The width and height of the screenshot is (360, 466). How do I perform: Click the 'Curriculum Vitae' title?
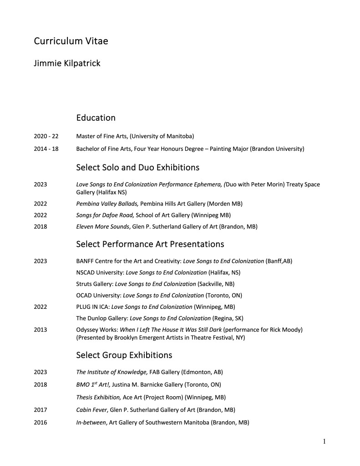click(71, 41)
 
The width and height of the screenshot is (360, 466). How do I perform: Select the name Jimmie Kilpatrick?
click(67, 63)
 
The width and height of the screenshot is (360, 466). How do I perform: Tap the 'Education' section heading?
click(96, 118)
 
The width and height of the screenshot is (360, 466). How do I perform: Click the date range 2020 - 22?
click(46, 136)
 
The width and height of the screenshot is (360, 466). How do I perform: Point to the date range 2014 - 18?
click(46, 149)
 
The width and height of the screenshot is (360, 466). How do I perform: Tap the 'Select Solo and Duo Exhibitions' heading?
click(137, 167)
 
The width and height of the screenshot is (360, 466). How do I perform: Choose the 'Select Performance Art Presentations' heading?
click(150, 244)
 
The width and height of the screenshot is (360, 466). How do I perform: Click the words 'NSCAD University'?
click(99, 272)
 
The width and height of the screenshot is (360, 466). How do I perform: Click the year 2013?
click(40, 329)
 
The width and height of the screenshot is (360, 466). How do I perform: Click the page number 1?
click(324, 441)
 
